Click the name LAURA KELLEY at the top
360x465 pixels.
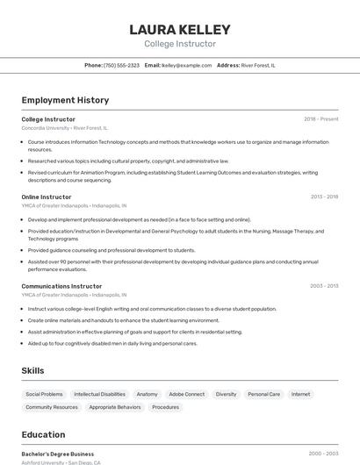(x=180, y=30)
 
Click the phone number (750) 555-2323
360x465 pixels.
(x=121, y=65)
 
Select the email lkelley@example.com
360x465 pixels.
(x=187, y=65)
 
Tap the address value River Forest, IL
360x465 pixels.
(x=258, y=65)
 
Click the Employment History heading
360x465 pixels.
(x=65, y=100)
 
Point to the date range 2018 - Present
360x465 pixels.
(x=320, y=118)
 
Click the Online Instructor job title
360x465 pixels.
(x=47, y=197)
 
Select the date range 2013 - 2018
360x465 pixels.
(x=324, y=197)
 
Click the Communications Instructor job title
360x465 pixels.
(x=61, y=286)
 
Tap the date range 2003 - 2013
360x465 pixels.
(x=324, y=286)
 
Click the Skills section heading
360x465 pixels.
(x=33, y=371)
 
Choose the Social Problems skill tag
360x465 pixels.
(x=44, y=394)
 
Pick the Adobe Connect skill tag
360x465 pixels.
(x=186, y=394)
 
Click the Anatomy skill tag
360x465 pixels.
(x=148, y=394)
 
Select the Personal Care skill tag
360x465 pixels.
(x=263, y=394)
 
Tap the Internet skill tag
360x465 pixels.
(x=301, y=394)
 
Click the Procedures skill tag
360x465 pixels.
(x=165, y=407)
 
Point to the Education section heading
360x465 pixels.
(x=43, y=434)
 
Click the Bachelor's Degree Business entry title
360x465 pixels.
(x=58, y=454)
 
